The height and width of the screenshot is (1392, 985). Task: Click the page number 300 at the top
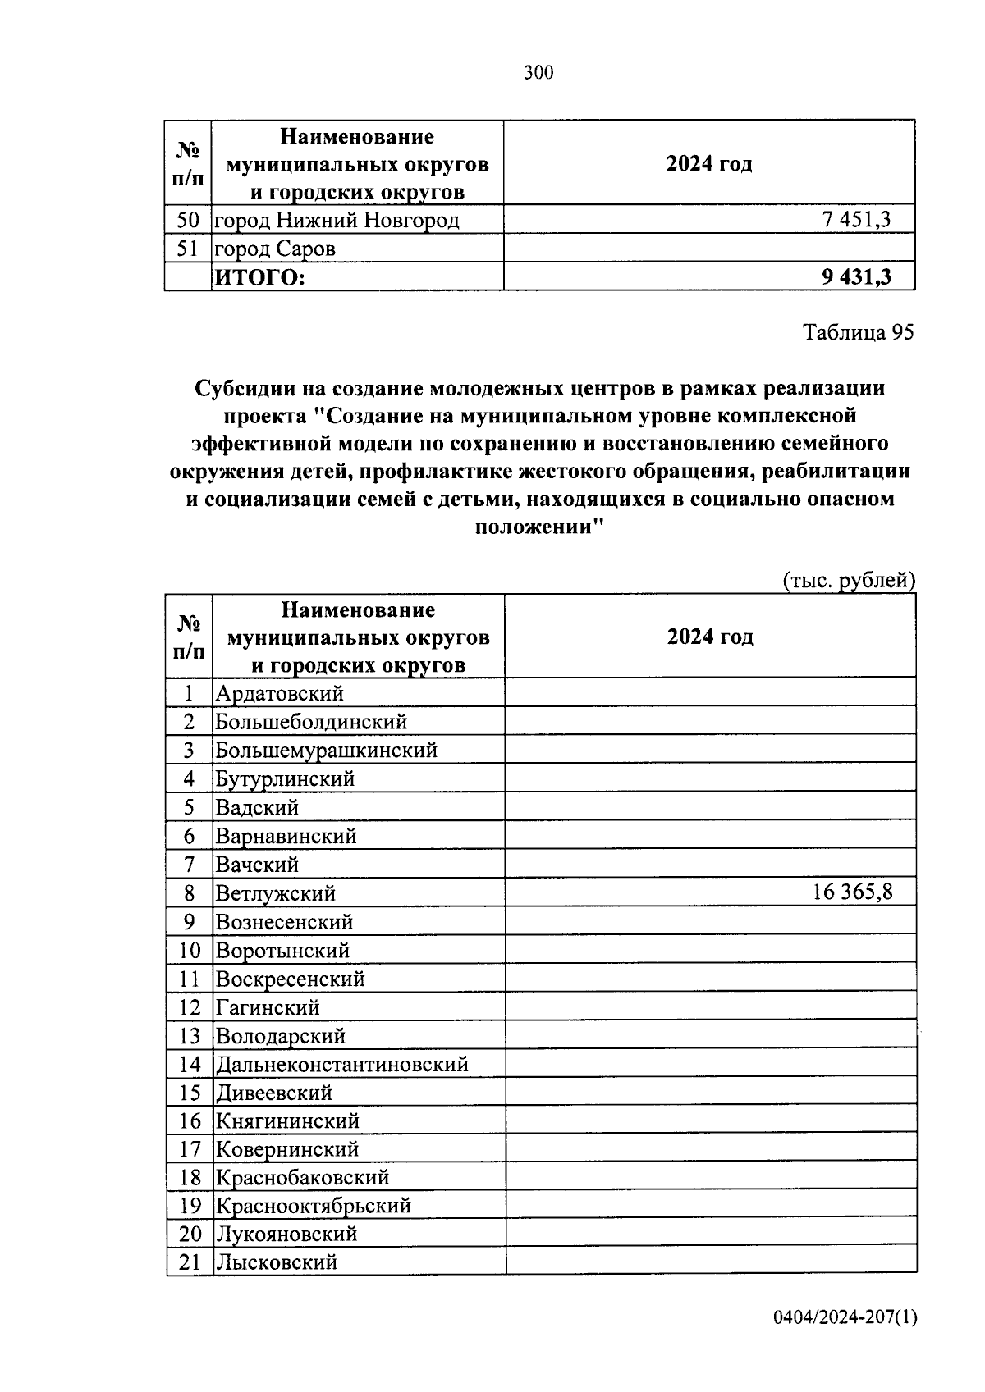tap(538, 73)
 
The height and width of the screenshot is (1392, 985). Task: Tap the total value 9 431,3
tap(856, 277)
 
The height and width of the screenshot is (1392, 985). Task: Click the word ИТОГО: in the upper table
tap(259, 278)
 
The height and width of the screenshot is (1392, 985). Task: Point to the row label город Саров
tap(275, 249)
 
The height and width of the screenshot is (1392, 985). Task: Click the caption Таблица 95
tap(858, 332)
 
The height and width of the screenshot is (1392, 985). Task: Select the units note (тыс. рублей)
tap(849, 580)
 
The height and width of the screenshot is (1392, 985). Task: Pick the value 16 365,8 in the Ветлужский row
tap(852, 892)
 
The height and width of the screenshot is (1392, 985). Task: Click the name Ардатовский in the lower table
tap(279, 693)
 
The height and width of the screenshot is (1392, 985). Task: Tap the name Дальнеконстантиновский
tap(341, 1064)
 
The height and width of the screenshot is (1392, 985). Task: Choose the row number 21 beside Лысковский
tap(190, 1262)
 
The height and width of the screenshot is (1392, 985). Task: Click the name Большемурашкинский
tap(326, 750)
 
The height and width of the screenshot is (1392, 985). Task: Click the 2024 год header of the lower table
tap(710, 637)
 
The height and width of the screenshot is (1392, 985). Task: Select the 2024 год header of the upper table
tap(709, 163)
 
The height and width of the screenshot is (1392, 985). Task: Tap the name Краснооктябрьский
tap(313, 1206)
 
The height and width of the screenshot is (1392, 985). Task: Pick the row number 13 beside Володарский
tap(190, 1036)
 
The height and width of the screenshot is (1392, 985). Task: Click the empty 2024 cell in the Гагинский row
tap(710, 1007)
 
